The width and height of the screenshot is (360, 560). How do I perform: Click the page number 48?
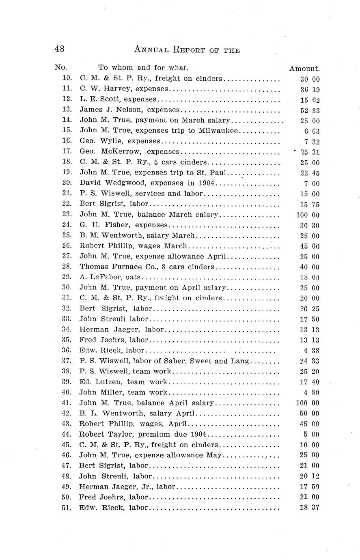[x=59, y=49]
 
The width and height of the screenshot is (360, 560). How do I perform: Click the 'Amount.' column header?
[x=304, y=69]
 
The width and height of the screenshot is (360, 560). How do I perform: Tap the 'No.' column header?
[x=60, y=67]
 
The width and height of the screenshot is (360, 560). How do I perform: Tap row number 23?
[x=67, y=214]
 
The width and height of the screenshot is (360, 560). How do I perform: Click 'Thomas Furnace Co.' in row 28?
[x=114, y=267]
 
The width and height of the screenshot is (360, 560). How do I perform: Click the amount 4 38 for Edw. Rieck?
[x=311, y=351]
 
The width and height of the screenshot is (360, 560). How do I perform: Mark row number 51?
[x=67, y=508]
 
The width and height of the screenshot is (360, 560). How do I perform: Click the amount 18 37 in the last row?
[x=309, y=508]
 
